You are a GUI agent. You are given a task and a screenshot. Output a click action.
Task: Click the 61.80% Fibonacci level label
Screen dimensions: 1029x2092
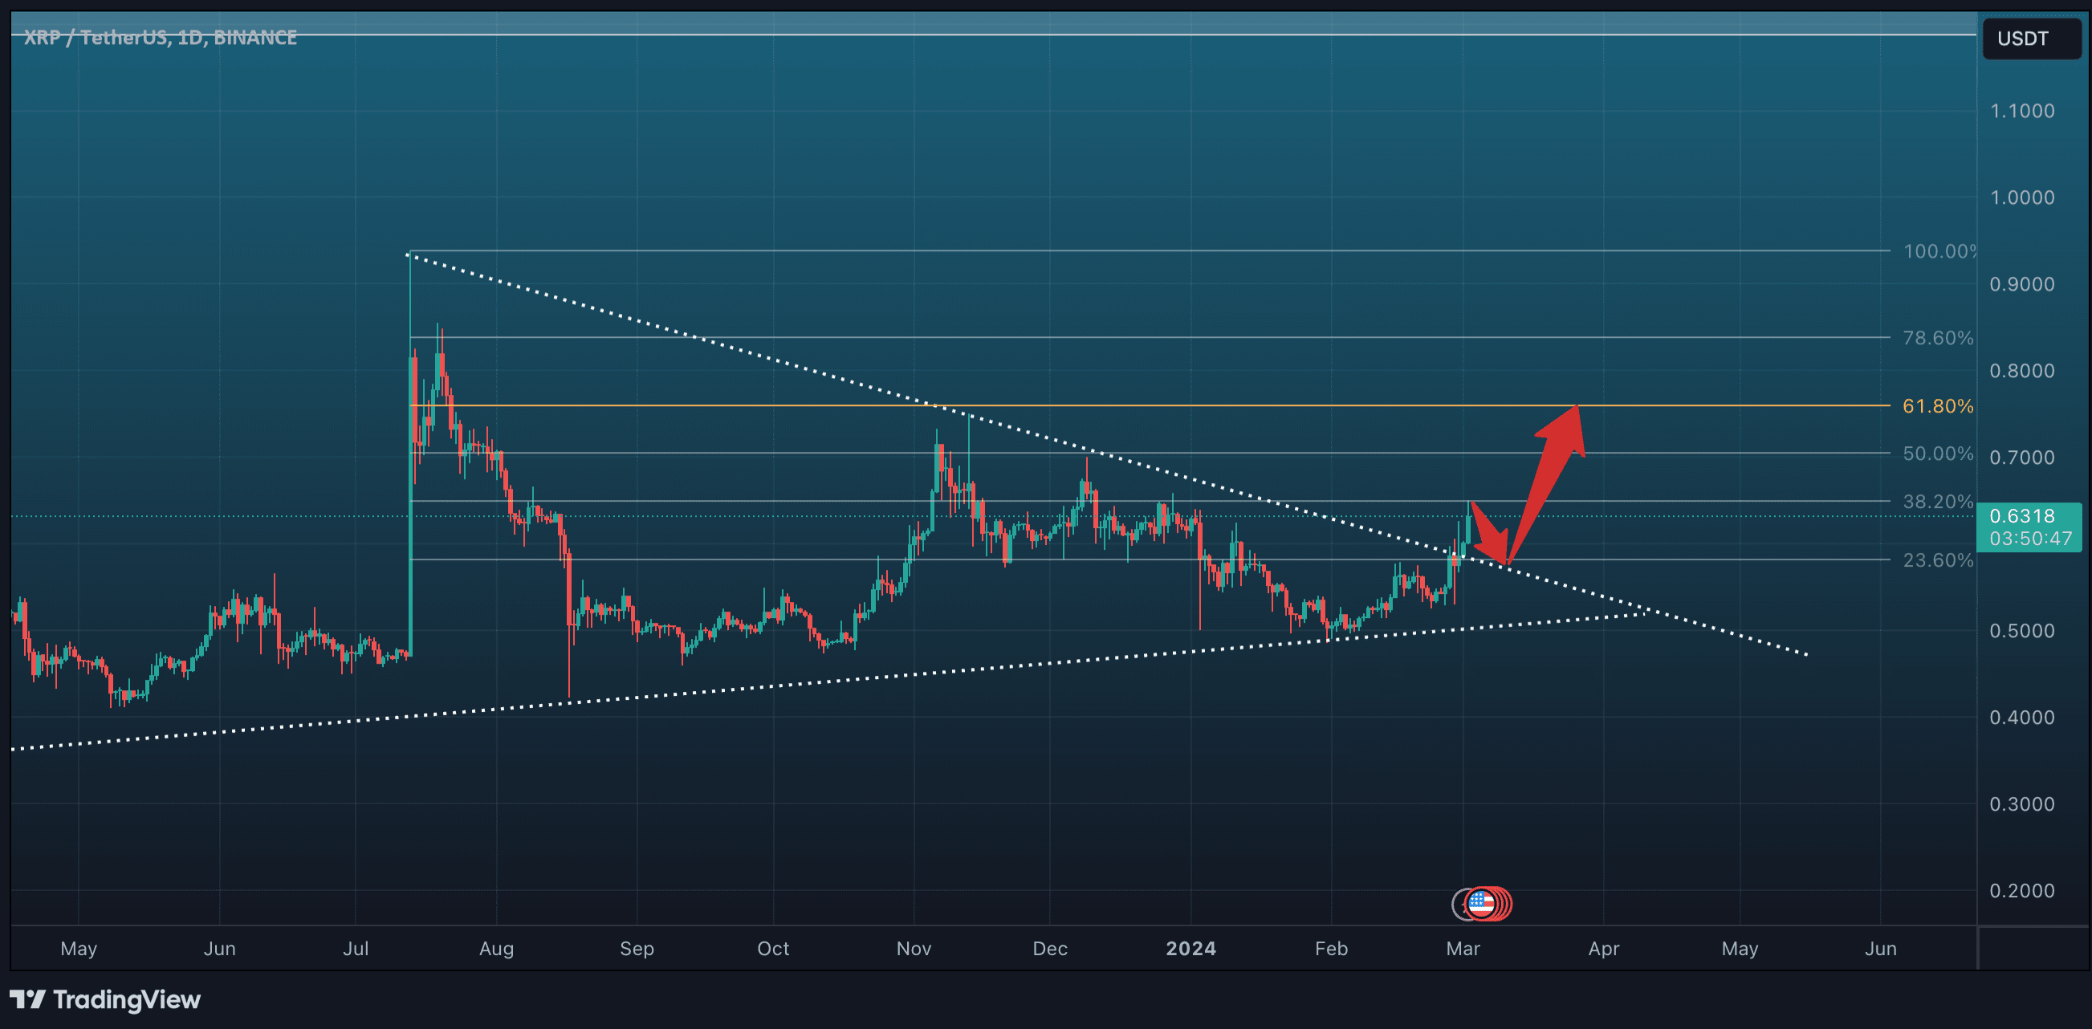(x=1937, y=406)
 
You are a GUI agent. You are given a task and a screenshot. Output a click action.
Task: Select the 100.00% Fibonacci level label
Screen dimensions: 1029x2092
(x=1939, y=251)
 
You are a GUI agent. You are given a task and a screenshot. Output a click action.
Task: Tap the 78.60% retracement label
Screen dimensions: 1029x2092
(x=1937, y=338)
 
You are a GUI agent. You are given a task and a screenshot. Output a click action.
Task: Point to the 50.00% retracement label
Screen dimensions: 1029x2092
(x=1937, y=453)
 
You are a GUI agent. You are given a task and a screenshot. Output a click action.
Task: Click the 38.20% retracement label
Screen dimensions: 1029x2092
(x=1937, y=501)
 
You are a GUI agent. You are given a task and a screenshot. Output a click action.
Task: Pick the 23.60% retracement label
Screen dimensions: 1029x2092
(x=1937, y=559)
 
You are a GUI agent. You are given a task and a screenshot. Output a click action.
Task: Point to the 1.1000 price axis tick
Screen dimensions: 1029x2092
(x=2021, y=111)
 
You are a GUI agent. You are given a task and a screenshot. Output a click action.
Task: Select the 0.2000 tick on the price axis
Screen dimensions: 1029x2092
(x=2021, y=890)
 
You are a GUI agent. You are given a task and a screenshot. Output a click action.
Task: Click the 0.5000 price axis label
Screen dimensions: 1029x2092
(x=2021, y=630)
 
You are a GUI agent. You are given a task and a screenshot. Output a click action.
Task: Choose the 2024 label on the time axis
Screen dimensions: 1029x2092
(x=1190, y=948)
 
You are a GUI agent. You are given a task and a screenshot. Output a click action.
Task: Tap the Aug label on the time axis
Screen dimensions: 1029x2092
(x=496, y=948)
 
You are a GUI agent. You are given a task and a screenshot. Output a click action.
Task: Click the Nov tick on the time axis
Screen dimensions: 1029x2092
(x=914, y=948)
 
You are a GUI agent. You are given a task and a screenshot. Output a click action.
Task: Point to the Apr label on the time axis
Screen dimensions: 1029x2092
(x=1603, y=948)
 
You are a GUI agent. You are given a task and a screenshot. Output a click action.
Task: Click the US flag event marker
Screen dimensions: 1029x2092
(x=1480, y=903)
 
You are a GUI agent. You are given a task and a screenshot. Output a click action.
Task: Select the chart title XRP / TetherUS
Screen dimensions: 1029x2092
(x=160, y=38)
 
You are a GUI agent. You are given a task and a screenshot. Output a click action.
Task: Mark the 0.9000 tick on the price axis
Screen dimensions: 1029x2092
(x=2021, y=284)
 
